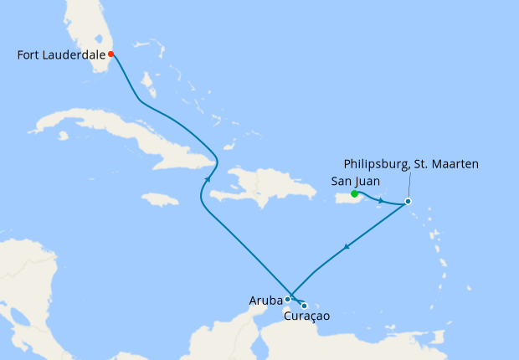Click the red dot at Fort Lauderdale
(110, 54)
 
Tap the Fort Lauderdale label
(61, 55)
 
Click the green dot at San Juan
(355, 194)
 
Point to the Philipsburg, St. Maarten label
(411, 164)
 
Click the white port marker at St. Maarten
(408, 201)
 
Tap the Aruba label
(265, 300)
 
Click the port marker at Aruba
(287, 299)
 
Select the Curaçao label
(306, 316)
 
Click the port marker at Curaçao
(304, 306)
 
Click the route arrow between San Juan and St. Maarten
(381, 201)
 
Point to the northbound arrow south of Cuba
(207, 177)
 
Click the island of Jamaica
(160, 199)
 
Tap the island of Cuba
(142, 134)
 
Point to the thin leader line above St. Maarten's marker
(409, 185)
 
